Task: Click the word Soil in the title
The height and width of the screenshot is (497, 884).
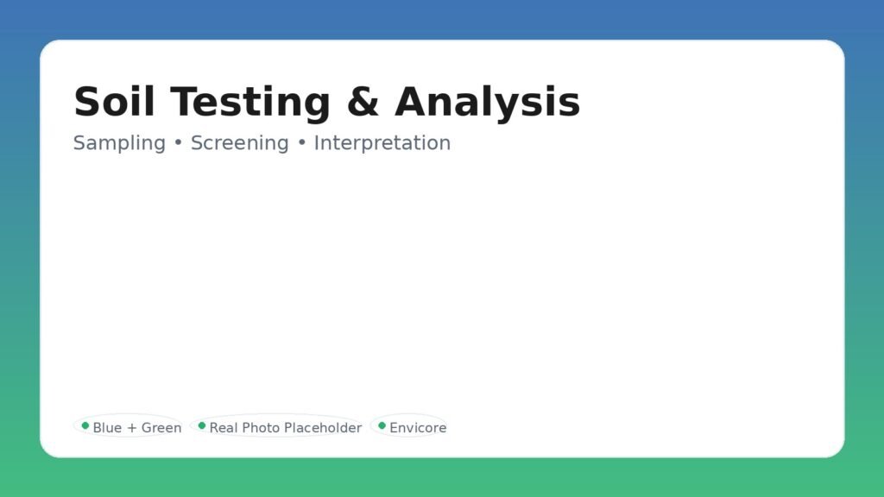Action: tap(114, 102)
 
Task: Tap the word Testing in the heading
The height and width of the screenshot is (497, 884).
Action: tap(250, 104)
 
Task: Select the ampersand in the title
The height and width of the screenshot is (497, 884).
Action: tap(363, 102)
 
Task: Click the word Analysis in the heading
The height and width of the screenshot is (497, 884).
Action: tap(487, 104)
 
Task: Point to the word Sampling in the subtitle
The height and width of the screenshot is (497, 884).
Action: tap(119, 144)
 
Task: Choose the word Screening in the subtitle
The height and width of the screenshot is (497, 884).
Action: tap(240, 144)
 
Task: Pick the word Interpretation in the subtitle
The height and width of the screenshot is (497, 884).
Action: tap(382, 144)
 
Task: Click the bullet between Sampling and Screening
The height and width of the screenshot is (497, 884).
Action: tap(178, 143)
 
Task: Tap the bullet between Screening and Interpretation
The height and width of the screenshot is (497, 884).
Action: tap(301, 143)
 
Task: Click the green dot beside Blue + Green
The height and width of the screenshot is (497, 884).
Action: tap(85, 425)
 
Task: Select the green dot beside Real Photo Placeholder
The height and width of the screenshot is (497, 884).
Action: tap(202, 425)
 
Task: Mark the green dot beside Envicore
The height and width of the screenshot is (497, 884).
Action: tap(382, 425)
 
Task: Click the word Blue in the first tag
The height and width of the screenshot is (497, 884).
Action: tap(107, 428)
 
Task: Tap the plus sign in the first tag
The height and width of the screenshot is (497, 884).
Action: tap(132, 428)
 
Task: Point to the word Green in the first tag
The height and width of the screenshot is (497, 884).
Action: tap(161, 428)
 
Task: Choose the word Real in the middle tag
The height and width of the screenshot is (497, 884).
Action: tap(224, 428)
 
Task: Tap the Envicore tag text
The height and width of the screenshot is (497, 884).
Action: tap(418, 428)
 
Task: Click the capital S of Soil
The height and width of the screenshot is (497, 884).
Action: tap(86, 102)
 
